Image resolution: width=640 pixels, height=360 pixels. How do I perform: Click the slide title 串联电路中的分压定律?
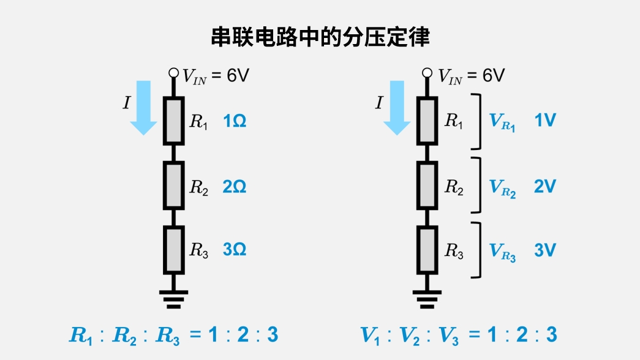[320, 37]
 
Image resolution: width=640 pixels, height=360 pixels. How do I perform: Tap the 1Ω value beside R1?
[235, 121]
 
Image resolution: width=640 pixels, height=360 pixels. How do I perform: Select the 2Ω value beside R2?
[235, 187]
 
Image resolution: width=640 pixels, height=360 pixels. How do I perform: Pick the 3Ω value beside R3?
[235, 250]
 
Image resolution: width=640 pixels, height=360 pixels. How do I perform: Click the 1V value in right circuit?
[544, 121]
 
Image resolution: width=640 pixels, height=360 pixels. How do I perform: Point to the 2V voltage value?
[544, 187]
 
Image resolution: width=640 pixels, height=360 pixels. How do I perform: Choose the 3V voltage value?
[544, 250]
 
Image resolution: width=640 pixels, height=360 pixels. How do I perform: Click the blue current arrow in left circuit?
[144, 107]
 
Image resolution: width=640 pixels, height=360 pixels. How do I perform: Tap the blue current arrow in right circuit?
[397, 107]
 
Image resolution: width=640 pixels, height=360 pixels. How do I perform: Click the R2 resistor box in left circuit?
[173, 185]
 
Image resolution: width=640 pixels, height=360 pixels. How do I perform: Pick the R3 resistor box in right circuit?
[427, 250]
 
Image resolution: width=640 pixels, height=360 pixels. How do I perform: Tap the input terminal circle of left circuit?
[174, 73]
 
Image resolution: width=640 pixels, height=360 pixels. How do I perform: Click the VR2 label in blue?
[502, 187]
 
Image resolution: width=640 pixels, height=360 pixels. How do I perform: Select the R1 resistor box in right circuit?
[427, 121]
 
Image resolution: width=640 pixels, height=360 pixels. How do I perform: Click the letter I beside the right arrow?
[378, 103]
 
